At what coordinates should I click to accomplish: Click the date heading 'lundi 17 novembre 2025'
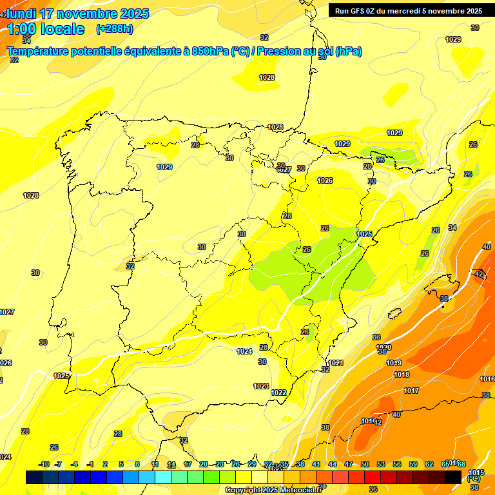pos(77,14)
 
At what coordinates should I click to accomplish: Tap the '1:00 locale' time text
pos(45,29)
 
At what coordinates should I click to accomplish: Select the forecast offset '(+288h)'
pos(114,29)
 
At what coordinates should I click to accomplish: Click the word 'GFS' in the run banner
pos(359,11)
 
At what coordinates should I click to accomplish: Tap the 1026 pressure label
pos(325,180)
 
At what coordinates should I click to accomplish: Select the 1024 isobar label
pos(244,351)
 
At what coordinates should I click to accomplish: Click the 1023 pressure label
pos(261,386)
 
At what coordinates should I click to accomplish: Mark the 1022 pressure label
pos(278,393)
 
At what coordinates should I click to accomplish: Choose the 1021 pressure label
pos(335,364)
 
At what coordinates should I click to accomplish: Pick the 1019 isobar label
pos(394,363)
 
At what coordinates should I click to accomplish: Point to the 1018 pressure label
pos(402,374)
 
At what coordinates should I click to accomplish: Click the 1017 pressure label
pos(411,391)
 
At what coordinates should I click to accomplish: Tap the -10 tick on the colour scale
pos(44,464)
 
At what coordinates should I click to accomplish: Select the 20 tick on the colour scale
pos(204,464)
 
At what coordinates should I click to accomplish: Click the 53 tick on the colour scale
pos(380,464)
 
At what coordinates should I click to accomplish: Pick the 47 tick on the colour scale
pos(348,464)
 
